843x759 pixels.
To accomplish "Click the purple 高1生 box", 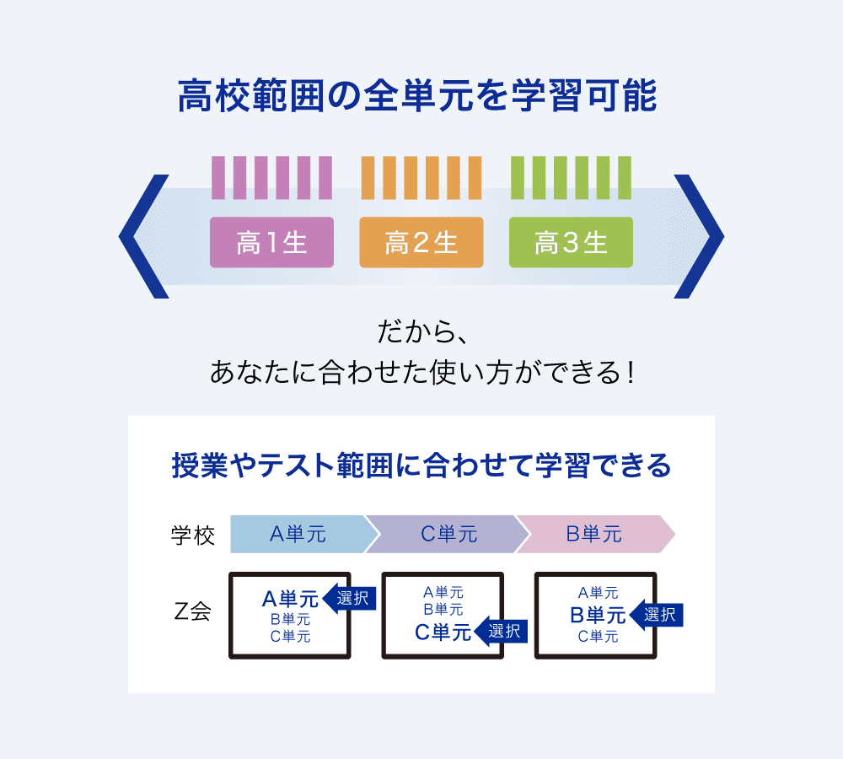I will (x=271, y=243).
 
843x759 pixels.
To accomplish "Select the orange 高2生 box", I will (x=421, y=243).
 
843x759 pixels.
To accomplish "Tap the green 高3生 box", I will (x=571, y=243).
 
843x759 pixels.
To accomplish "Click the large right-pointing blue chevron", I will (x=701, y=236).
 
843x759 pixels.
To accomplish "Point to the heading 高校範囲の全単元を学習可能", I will (x=417, y=97).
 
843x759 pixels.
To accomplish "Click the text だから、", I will (x=421, y=331).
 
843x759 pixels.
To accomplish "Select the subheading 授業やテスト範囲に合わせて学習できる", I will (x=421, y=465).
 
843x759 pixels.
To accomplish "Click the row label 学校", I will (x=193, y=535).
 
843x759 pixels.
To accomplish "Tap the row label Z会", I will (x=192, y=613).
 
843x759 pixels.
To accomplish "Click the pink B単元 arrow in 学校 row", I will (x=593, y=534).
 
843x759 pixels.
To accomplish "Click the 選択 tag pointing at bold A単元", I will (x=351, y=600).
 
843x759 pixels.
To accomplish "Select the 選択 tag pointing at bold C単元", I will (x=503, y=630).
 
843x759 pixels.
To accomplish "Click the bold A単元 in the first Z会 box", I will (x=290, y=600).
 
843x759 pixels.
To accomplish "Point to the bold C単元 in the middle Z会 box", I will (x=443, y=632).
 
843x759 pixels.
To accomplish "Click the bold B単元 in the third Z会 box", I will (x=598, y=616).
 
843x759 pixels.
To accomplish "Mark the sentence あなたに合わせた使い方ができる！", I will (x=421, y=372).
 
